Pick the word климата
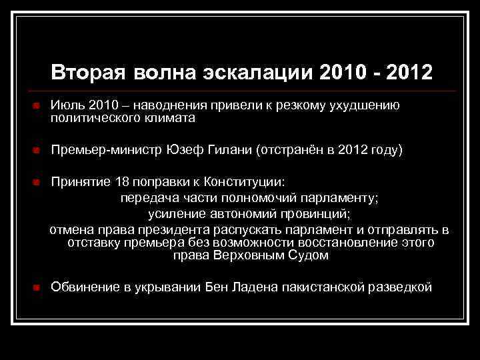click(169, 118)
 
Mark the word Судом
click(310, 255)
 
